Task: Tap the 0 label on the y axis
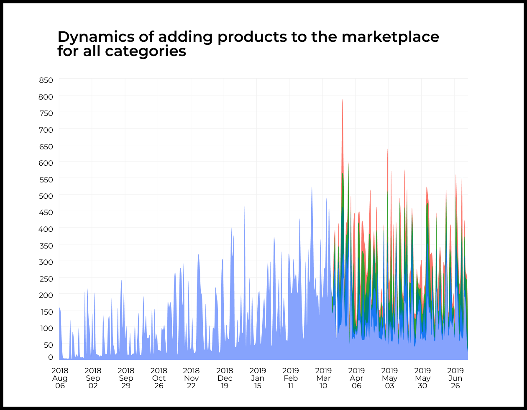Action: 51,357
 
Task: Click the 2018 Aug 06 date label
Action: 60,378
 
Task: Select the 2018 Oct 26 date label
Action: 159,378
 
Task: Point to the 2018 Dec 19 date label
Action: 225,378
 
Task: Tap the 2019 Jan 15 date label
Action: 258,378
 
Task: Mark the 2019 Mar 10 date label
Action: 323,378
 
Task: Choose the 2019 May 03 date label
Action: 389,378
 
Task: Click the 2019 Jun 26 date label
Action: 455,378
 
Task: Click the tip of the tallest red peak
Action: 342,100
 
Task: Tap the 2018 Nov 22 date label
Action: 192,378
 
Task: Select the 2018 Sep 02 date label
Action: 93,378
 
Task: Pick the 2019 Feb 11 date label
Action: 291,378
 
